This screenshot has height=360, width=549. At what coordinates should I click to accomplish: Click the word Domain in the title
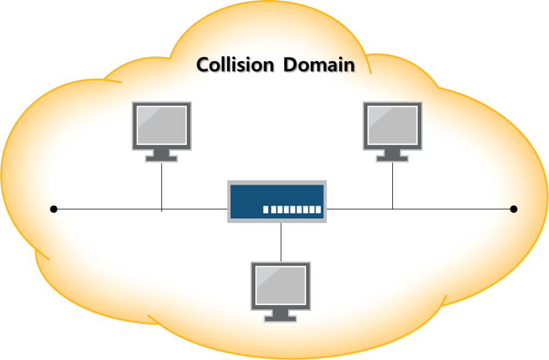coord(319,65)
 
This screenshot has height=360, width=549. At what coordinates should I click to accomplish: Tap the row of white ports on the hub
coord(291,209)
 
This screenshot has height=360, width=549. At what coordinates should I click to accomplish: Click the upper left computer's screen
coord(162,125)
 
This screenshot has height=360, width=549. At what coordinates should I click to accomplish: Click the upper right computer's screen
coord(392,125)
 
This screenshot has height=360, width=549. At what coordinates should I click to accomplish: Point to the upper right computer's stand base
coord(392,158)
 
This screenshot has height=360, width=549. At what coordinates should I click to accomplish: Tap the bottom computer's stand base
coord(281,318)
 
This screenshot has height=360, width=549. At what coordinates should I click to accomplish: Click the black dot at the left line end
coord(54,209)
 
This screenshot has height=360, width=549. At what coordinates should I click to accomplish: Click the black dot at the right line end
coord(514,209)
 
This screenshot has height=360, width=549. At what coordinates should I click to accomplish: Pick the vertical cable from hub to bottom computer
coord(281,241)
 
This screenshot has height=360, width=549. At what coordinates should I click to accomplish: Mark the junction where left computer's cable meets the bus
coord(162,209)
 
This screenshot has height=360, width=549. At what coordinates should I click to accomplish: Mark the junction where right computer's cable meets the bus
coord(392,209)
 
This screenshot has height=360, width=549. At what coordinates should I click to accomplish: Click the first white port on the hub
coord(266,209)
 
